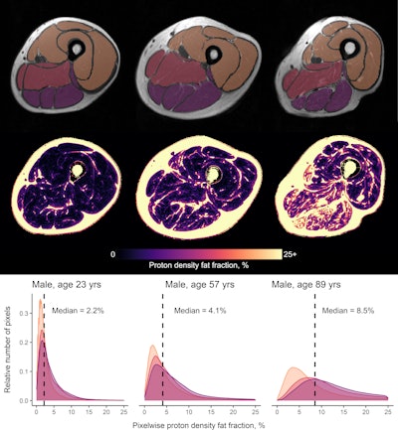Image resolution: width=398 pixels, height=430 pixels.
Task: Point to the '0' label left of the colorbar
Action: pos(113,253)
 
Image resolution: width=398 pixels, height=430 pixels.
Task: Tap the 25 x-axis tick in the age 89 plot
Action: pos(383,410)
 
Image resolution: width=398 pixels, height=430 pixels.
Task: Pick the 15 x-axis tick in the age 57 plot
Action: pos(219,410)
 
